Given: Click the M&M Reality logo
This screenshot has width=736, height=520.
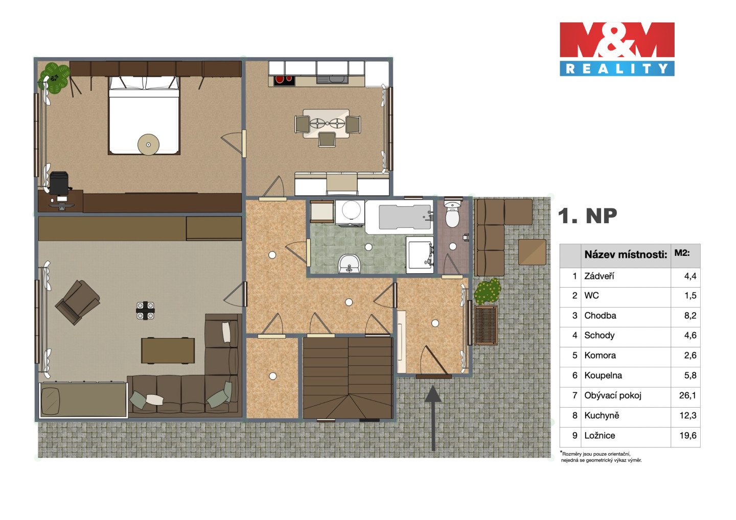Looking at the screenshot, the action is [617, 49].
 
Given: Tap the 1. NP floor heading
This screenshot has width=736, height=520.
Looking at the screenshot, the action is [588, 217].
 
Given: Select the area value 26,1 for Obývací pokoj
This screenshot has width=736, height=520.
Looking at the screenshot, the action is [688, 395].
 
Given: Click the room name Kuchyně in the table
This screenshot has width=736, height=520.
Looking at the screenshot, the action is [602, 415].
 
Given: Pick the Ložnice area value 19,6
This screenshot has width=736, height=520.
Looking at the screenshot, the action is [688, 435].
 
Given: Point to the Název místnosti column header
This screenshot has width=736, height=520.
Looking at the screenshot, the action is [626, 254].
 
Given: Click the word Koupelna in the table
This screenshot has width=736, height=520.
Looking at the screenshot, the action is [603, 375].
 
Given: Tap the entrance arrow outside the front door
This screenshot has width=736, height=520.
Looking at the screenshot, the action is [433, 418].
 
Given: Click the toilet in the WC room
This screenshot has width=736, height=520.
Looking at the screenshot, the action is [453, 214].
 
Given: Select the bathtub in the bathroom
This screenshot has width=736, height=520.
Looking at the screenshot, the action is [399, 217].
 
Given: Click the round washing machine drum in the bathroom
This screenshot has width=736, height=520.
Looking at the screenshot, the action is [351, 209].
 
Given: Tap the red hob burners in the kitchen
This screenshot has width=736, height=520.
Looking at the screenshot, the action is [284, 80].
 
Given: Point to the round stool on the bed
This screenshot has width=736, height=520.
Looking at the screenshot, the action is [148, 145].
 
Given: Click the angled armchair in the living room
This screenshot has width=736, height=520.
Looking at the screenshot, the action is [78, 302].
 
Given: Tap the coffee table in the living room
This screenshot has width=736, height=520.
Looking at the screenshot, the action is [168, 350].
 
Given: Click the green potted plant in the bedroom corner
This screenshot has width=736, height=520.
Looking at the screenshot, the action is [55, 78].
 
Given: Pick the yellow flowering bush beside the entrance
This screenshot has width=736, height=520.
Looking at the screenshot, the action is [488, 291].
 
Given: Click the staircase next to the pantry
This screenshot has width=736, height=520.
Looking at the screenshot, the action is [348, 378].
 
